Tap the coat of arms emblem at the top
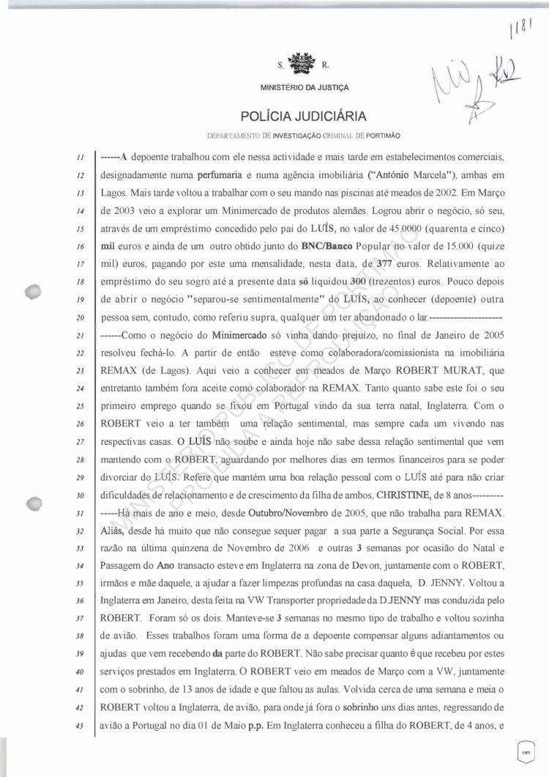299,65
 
